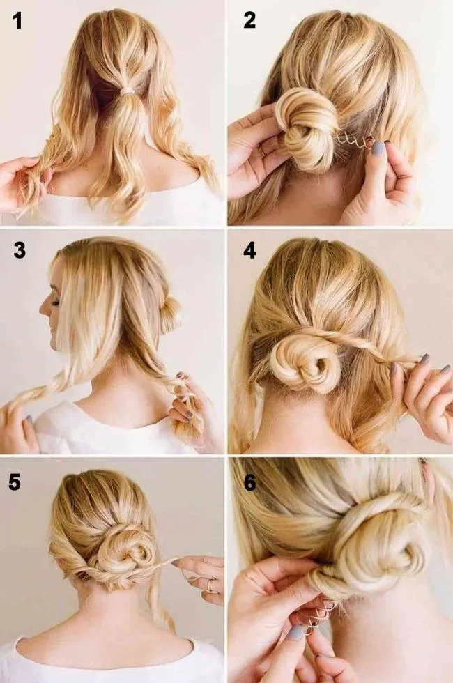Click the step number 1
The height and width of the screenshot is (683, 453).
pos(17,21)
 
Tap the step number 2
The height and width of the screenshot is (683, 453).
pos(249,20)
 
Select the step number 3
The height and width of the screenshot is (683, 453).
pos(20,250)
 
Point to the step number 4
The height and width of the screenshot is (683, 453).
pos(249,250)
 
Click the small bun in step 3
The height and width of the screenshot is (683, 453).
pos(170,310)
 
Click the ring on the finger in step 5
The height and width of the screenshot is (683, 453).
pos(209,587)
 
